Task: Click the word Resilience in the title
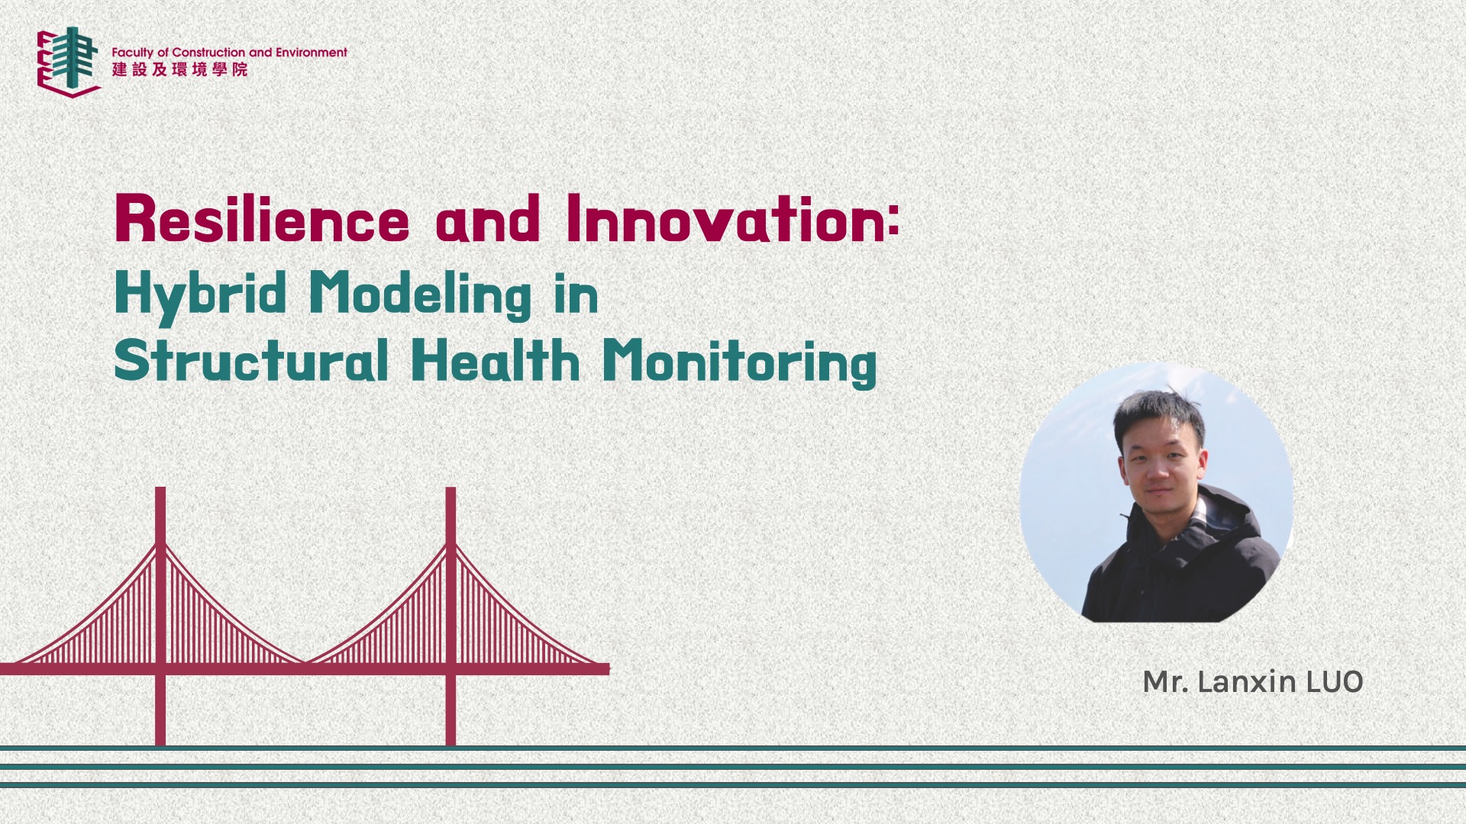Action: coord(262,219)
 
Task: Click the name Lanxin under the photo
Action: coord(1247,681)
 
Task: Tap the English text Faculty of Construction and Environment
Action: coord(230,52)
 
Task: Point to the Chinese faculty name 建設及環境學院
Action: coord(180,69)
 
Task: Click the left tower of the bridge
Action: coord(160,616)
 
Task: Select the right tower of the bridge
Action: coord(450,616)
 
